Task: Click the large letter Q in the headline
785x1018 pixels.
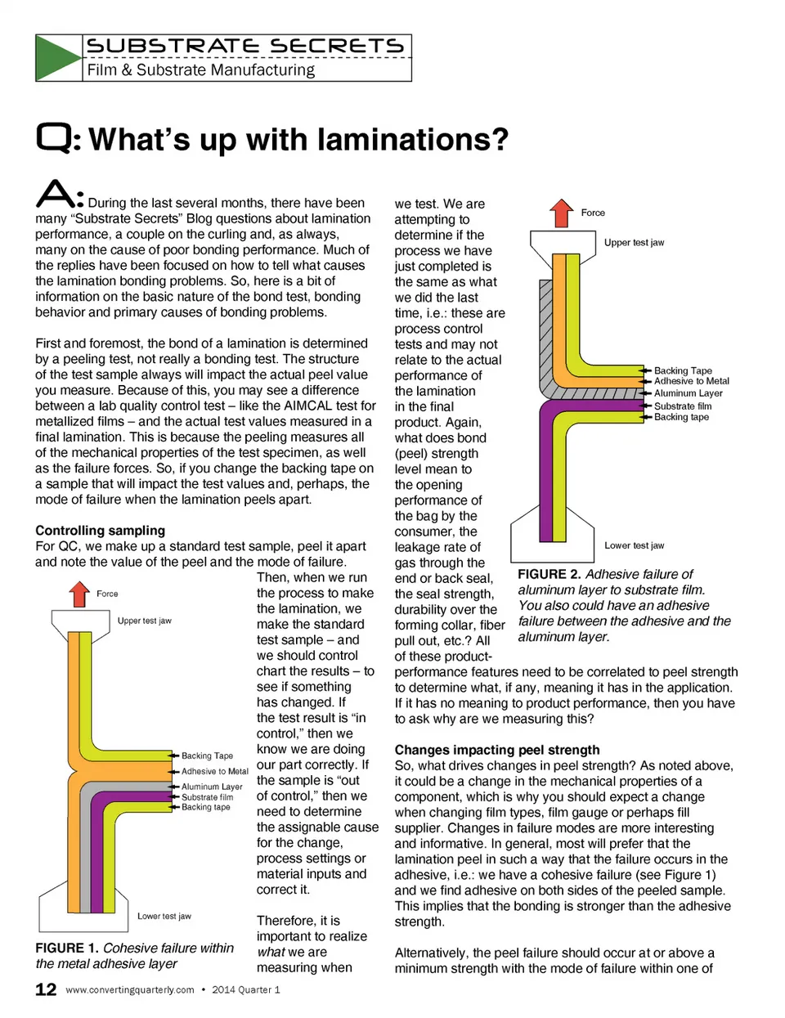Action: coord(54,137)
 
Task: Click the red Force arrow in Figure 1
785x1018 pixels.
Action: coord(79,594)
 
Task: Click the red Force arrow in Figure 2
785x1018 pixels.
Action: coord(562,213)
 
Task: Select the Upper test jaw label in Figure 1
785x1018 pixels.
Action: coord(144,621)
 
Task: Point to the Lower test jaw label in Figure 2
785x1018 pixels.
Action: coord(634,545)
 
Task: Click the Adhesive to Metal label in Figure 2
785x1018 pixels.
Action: coord(691,381)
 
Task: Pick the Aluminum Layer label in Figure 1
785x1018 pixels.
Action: coord(212,787)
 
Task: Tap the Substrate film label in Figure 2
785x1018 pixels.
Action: coord(682,406)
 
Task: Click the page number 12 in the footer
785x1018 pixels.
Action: coord(46,989)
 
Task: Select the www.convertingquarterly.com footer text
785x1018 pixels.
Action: coord(129,990)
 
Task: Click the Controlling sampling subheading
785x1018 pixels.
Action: coord(100,531)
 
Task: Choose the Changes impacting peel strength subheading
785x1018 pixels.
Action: coord(496,750)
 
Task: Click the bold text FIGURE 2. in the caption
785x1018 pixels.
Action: coord(549,574)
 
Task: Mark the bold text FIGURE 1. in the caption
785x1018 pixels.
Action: coord(66,948)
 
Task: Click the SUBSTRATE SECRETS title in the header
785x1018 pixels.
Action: coord(244,46)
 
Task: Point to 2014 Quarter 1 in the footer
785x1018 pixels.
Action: coord(245,990)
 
